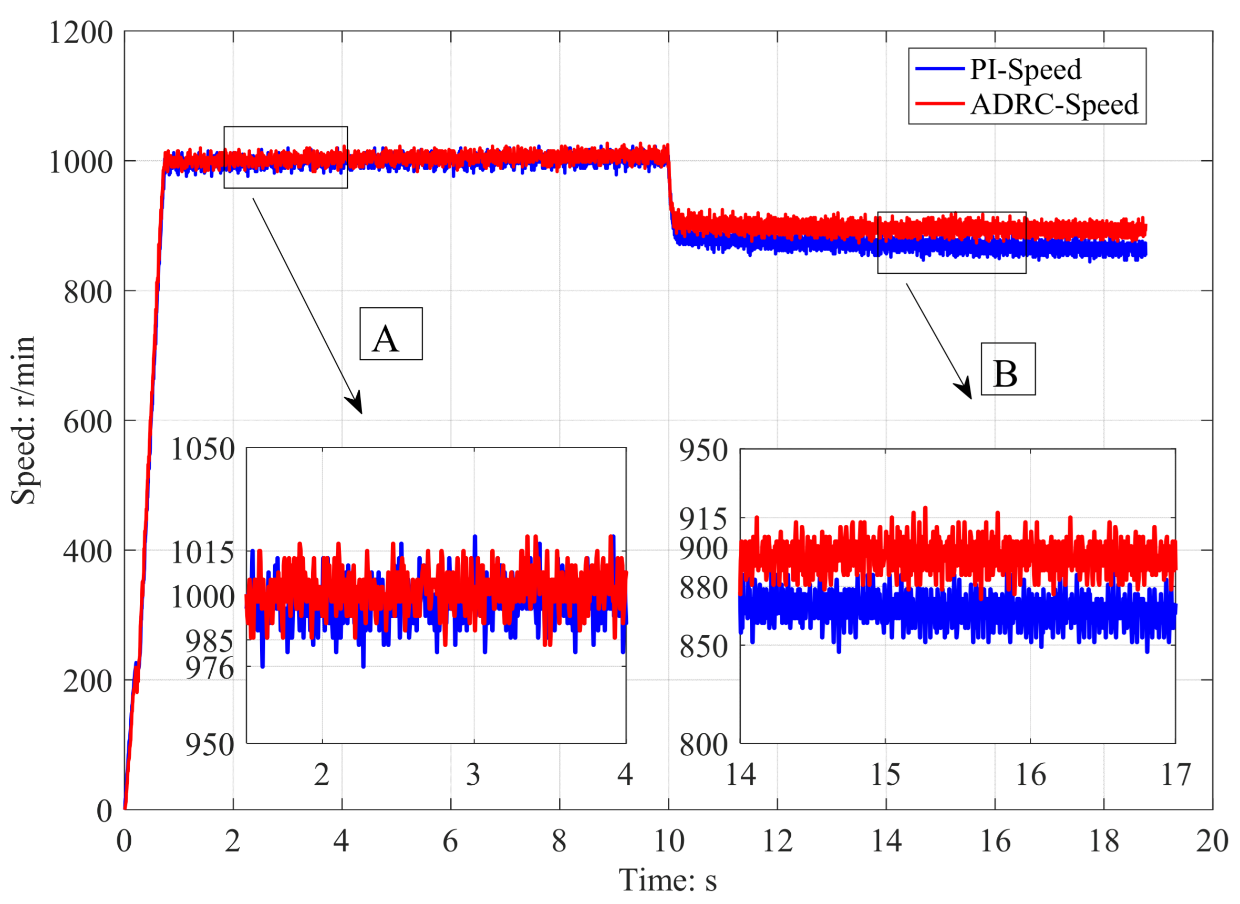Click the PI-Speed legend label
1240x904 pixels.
(x=1025, y=69)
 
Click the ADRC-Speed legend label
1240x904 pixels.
(x=1053, y=104)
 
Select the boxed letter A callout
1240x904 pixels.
(x=391, y=334)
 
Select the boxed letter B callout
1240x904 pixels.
(x=1008, y=369)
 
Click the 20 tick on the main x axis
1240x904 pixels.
(x=1212, y=840)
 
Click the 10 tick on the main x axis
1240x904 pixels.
(x=669, y=840)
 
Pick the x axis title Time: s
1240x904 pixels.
(x=667, y=880)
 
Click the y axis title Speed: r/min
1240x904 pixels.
(x=24, y=420)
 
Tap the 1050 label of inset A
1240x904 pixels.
(x=202, y=449)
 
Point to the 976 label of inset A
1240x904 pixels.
(x=210, y=668)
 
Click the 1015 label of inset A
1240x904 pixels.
(x=202, y=553)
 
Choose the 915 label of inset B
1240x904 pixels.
(x=703, y=519)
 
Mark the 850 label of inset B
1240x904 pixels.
(x=703, y=647)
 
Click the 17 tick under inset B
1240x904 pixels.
(x=1175, y=774)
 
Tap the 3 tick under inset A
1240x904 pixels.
(x=473, y=774)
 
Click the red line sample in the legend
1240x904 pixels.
(x=939, y=103)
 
